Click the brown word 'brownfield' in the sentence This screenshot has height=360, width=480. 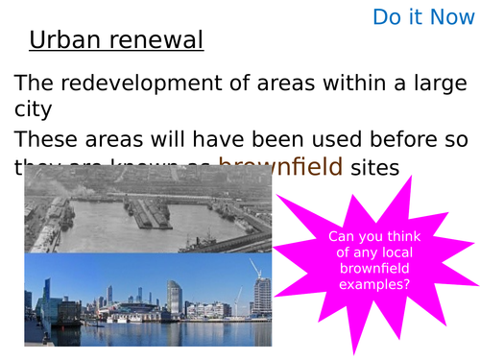(280, 166)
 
